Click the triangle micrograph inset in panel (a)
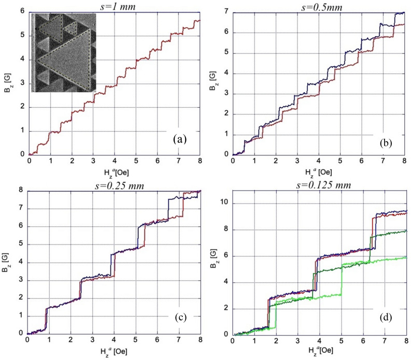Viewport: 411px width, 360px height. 64,52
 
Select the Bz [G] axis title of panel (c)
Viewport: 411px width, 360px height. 7,263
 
